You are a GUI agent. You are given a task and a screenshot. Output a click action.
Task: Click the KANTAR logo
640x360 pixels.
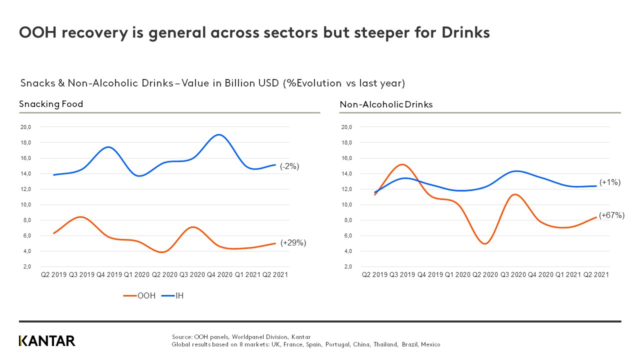(x=47, y=341)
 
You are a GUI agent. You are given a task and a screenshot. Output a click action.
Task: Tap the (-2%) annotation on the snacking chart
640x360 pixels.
(x=289, y=166)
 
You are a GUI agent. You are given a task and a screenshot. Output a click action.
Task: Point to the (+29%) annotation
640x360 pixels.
(x=293, y=242)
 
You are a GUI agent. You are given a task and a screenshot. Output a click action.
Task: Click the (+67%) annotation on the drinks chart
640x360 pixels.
(x=612, y=215)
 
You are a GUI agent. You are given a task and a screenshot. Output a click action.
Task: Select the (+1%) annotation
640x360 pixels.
(x=609, y=182)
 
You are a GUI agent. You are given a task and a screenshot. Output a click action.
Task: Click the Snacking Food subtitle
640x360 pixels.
(x=51, y=104)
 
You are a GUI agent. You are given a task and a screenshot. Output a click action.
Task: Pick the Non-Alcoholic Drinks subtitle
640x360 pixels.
(x=386, y=104)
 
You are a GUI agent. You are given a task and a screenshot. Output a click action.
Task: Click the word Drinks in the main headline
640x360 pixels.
(x=465, y=32)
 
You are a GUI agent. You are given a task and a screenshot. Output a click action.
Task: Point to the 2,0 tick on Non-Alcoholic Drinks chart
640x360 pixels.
(x=346, y=266)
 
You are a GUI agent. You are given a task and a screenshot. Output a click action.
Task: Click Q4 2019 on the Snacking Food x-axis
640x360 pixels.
(x=109, y=274)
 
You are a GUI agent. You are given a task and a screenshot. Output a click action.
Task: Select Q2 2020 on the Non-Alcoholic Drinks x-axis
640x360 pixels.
(x=485, y=274)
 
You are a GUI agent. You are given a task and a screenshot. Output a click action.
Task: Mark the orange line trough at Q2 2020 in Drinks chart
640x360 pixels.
(x=485, y=243)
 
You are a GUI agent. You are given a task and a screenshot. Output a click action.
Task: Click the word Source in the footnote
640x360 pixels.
(x=181, y=337)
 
